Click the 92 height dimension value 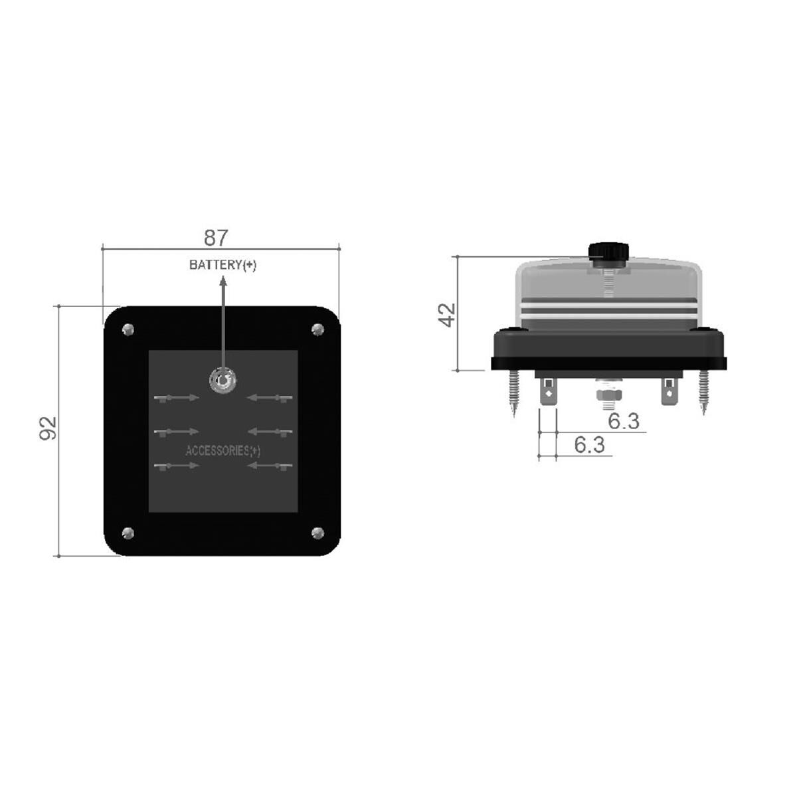click(x=48, y=428)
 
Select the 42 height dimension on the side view click(x=448, y=314)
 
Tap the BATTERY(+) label click(x=222, y=265)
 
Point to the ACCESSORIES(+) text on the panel click(x=222, y=450)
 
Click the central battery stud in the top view click(x=221, y=380)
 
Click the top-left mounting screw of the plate click(x=128, y=329)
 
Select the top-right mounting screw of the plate click(x=317, y=329)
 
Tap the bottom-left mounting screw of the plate click(x=128, y=532)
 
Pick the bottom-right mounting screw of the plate click(x=317, y=532)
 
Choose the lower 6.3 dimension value click(x=589, y=444)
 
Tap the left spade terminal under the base click(x=549, y=393)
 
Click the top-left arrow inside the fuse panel click(x=176, y=398)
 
